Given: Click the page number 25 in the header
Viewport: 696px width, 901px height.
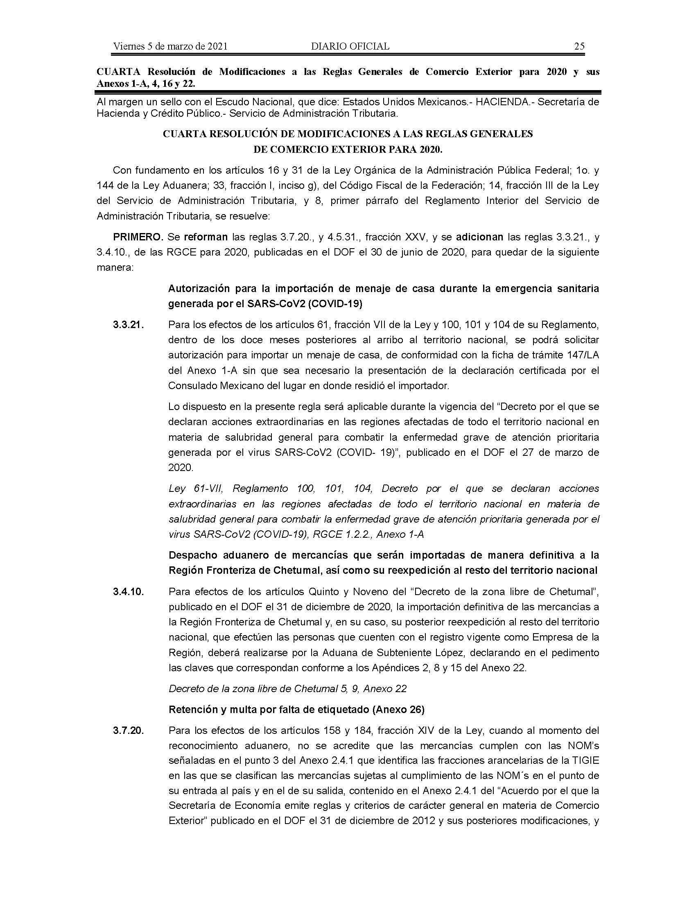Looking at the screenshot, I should coord(579,46).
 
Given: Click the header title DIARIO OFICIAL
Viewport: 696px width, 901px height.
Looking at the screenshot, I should coord(350,46).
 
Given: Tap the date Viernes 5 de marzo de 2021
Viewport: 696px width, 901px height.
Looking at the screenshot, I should coord(170,46).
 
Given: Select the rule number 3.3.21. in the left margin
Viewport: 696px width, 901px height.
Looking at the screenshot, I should coord(128,325).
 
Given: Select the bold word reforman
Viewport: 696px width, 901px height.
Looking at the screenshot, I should coord(206,237).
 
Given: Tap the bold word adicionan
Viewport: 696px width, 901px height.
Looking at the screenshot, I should coord(479,237).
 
